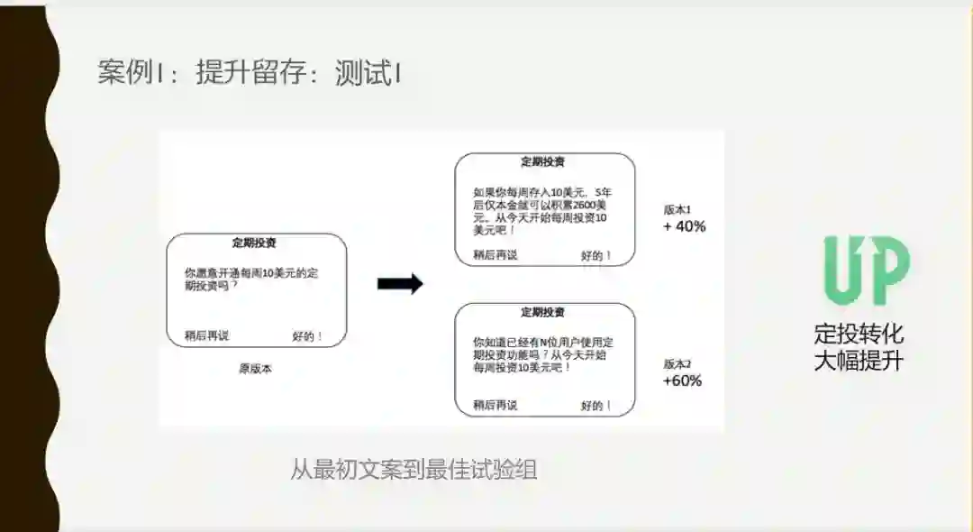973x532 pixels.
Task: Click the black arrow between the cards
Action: click(399, 284)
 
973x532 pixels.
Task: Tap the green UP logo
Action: click(866, 271)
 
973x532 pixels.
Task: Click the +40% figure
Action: click(685, 226)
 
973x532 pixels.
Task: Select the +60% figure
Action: click(682, 381)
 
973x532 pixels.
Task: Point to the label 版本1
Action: click(677, 209)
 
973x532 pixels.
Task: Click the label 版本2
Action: click(677, 364)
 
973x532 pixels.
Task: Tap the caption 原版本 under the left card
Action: click(255, 368)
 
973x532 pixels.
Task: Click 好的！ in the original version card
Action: click(307, 336)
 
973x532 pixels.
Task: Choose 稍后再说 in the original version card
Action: click(206, 336)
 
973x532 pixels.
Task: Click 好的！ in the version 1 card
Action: click(596, 255)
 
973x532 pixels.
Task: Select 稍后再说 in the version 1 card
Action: click(495, 255)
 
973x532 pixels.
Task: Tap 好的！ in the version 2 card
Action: click(596, 405)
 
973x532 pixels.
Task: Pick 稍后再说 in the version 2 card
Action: click(495, 405)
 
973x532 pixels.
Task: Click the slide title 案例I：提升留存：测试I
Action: click(250, 73)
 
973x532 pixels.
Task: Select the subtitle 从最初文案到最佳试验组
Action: click(414, 470)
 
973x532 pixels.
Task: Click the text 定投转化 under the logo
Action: click(859, 335)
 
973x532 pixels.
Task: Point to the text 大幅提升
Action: click(859, 362)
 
